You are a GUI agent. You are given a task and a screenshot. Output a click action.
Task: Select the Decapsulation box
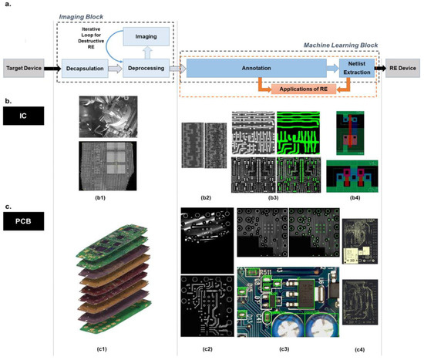coord(84,69)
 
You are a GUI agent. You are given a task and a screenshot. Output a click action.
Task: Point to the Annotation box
coord(255,69)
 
